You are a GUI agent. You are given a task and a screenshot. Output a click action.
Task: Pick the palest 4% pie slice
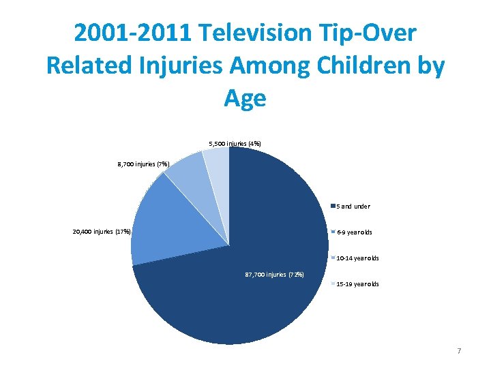tap(217, 164)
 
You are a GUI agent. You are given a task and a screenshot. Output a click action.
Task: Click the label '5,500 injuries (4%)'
tap(235, 144)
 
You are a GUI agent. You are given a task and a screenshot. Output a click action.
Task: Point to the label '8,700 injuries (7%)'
tap(143, 164)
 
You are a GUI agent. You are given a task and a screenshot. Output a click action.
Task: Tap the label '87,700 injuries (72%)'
tap(274, 275)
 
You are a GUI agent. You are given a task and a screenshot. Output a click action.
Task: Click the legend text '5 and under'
tap(353, 206)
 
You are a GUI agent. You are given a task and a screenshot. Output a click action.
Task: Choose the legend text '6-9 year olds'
tap(355, 232)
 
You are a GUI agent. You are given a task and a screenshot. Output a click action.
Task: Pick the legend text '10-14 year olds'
tap(357, 258)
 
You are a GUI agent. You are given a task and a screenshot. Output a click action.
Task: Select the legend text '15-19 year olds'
tap(357, 284)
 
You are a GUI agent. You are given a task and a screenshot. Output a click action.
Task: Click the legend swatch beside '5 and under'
tap(332, 206)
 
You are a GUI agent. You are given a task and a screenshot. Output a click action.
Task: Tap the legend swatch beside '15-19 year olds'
tap(332, 284)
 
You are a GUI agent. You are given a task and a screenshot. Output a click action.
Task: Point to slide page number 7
tap(459, 351)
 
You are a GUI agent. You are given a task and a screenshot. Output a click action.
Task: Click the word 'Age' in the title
tap(245, 98)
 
